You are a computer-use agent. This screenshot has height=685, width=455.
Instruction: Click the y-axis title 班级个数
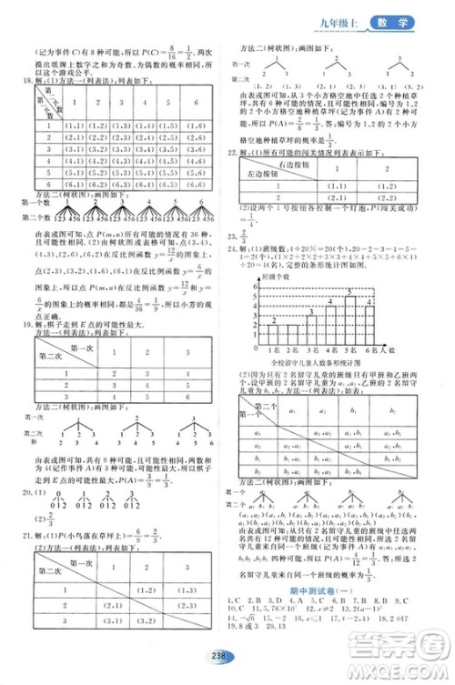(262, 274)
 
